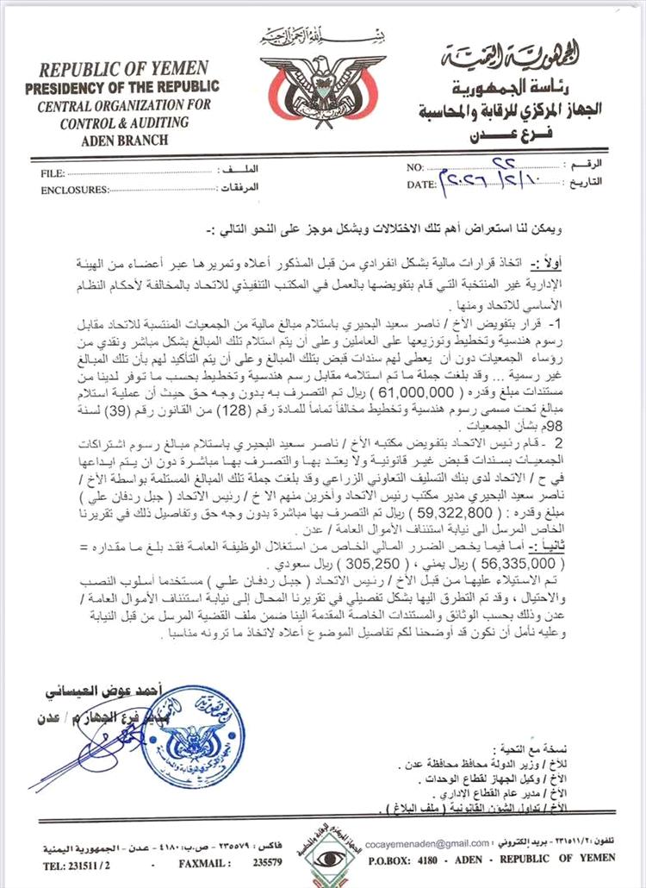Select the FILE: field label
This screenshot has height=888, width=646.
pyautogui.click(x=53, y=172)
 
